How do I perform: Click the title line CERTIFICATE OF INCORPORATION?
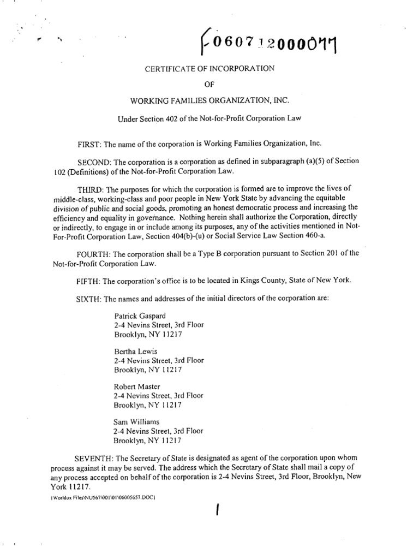[x=209, y=68]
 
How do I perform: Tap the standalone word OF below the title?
[x=209, y=85]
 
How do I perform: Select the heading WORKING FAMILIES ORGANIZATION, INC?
[x=209, y=101]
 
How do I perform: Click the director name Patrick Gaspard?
[x=140, y=316]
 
